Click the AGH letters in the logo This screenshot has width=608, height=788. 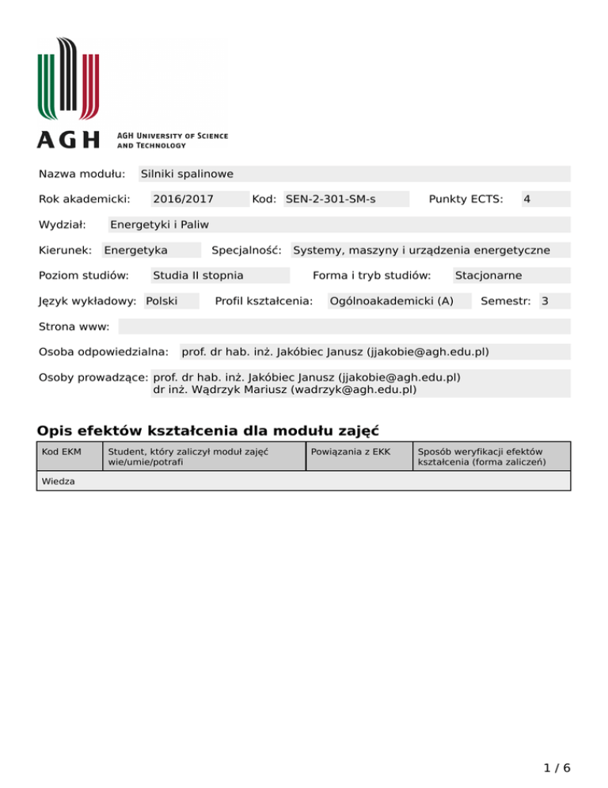(69, 140)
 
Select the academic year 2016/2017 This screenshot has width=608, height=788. (184, 199)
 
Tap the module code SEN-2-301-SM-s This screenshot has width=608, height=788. (330, 199)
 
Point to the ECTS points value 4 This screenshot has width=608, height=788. (526, 199)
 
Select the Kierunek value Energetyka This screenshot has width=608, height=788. (135, 251)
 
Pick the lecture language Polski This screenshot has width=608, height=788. (161, 301)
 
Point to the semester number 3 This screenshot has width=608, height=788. (545, 301)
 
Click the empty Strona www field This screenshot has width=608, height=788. (344, 327)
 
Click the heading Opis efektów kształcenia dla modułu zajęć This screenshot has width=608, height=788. (208, 431)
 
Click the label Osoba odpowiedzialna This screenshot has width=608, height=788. (104, 351)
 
